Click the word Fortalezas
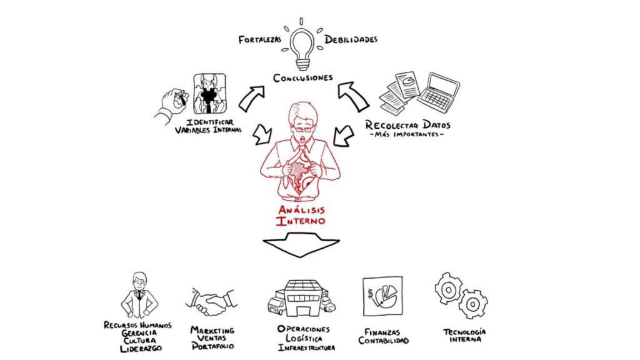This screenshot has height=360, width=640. click(260, 40)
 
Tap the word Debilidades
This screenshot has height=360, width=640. click(351, 39)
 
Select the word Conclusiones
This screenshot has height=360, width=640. click(303, 77)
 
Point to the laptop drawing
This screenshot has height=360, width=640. click(438, 93)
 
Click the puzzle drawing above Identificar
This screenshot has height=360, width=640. click(209, 94)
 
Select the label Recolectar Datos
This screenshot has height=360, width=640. click(407, 124)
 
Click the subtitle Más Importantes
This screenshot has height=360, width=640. click(406, 135)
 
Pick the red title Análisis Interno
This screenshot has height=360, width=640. click(301, 215)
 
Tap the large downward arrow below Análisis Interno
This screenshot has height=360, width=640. click(301, 244)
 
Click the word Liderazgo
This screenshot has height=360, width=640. click(141, 349)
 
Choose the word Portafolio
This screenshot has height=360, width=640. click(213, 346)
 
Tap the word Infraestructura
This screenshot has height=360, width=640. click(306, 347)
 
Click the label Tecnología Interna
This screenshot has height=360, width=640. click(464, 336)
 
